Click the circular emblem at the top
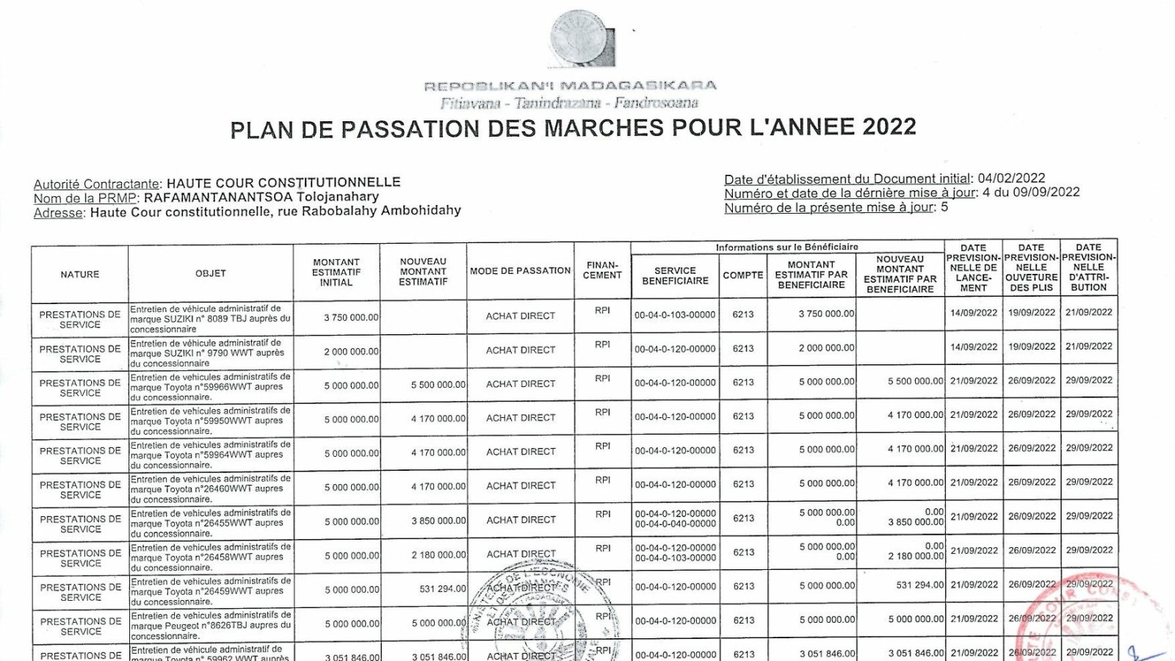(583, 38)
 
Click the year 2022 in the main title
(889, 127)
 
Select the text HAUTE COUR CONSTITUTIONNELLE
(283, 182)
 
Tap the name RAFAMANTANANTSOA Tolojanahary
(261, 197)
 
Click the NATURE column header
(80, 274)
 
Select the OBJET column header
(211, 273)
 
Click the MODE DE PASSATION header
(520, 271)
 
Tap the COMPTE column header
(743, 275)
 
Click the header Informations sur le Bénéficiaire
(787, 248)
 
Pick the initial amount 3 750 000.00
(351, 317)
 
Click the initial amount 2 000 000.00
(351, 352)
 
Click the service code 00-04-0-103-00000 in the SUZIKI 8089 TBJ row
(675, 314)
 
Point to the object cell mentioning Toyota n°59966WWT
(211, 386)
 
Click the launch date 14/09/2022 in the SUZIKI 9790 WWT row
(973, 347)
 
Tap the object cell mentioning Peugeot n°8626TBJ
(211, 625)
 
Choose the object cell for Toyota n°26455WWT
(211, 523)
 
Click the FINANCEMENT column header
(603, 270)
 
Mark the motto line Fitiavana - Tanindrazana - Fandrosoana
(569, 103)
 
